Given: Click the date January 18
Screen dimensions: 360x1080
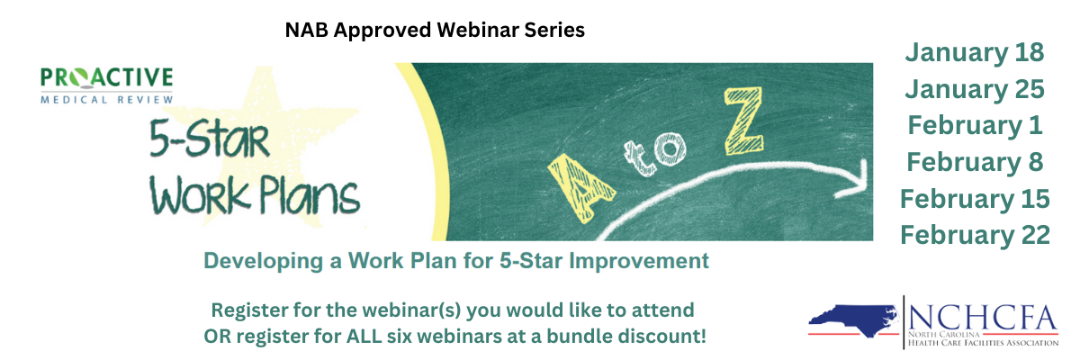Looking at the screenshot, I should click(x=975, y=53).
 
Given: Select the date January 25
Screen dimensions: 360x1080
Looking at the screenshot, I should click(x=975, y=90).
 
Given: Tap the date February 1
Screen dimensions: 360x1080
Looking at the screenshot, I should click(x=975, y=125).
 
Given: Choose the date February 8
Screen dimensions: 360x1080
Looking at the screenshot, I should click(x=975, y=162).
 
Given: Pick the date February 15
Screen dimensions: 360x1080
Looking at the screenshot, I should click(x=975, y=198).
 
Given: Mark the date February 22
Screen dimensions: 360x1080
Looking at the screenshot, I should click(x=975, y=235).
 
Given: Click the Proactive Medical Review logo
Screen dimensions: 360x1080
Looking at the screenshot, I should click(x=106, y=85).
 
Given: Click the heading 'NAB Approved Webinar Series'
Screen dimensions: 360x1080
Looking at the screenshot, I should click(x=435, y=30).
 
